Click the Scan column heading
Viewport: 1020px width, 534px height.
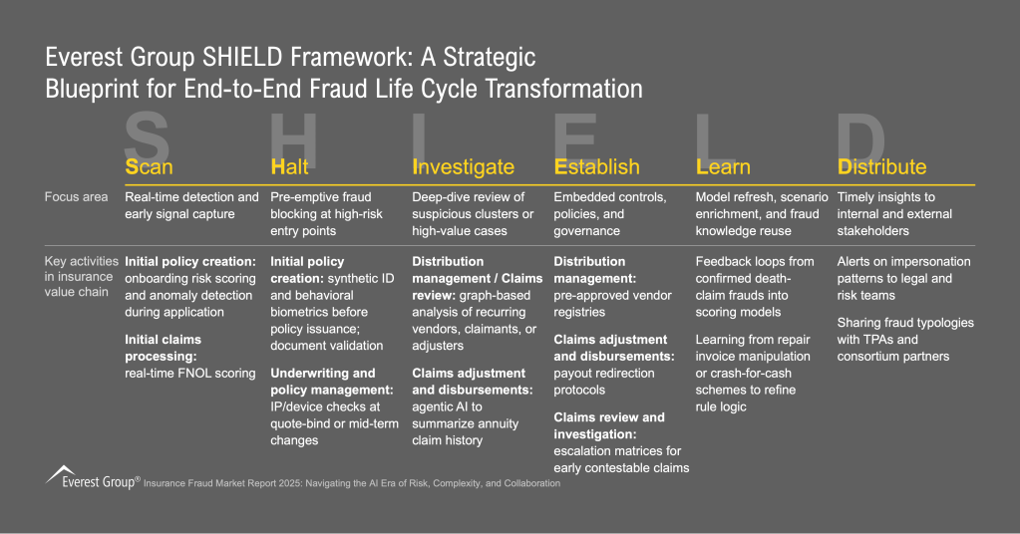coord(149,166)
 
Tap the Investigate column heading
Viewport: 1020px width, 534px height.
coord(463,166)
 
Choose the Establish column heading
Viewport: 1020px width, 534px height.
coord(596,166)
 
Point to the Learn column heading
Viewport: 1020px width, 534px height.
coord(722,166)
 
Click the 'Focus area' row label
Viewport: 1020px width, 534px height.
coord(77,197)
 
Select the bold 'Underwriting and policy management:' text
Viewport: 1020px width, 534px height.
coord(323,382)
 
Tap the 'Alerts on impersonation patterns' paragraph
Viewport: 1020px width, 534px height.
coord(902,278)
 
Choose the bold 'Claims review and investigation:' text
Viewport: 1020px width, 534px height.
coord(609,425)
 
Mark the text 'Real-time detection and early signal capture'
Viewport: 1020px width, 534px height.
coord(191,205)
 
